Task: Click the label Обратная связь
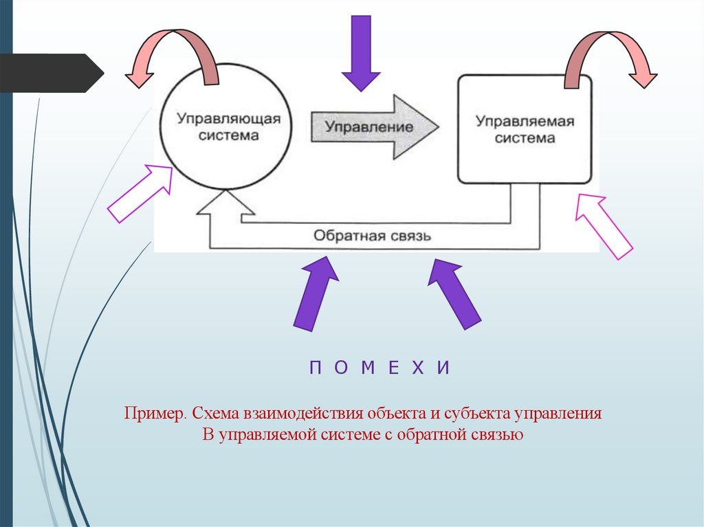point(372,236)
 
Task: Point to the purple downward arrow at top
point(361,52)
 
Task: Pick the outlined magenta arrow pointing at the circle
point(141,193)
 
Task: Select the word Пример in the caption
point(154,414)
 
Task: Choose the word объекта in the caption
point(398,414)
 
